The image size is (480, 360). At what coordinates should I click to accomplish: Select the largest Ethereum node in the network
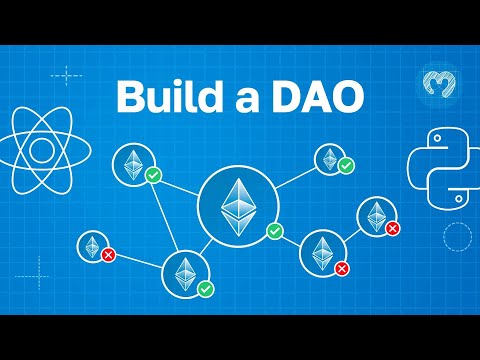(x=237, y=209)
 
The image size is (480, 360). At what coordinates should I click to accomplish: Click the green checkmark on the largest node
(x=275, y=232)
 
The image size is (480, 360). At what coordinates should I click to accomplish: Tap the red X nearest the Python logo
(x=392, y=229)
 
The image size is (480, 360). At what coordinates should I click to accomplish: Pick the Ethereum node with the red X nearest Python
(x=375, y=217)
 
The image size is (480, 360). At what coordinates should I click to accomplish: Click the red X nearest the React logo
(x=108, y=255)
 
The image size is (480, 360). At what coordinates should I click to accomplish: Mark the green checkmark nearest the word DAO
(x=345, y=164)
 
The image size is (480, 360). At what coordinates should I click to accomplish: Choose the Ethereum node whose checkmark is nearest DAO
(x=329, y=158)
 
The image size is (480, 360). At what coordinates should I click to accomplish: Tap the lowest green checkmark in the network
(x=205, y=288)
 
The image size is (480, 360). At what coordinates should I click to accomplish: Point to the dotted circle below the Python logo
(x=456, y=237)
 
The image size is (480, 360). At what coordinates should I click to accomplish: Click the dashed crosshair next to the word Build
(x=66, y=75)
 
